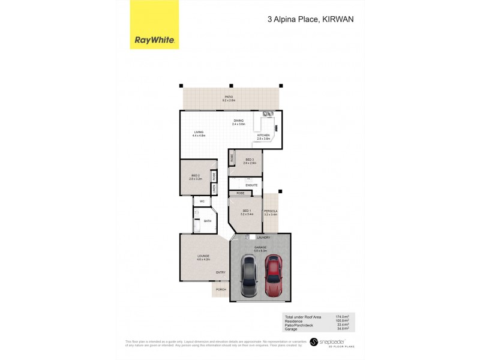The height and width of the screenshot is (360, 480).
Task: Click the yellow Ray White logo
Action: (154, 26)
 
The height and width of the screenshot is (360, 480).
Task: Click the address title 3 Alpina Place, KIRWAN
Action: (310, 19)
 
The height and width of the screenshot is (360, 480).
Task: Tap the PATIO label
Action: (229, 97)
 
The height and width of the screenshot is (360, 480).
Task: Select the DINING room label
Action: (239, 122)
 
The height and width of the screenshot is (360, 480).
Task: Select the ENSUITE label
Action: (251, 185)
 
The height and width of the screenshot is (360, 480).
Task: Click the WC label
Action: (202, 201)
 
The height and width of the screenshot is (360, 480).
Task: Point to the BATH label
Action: (208, 221)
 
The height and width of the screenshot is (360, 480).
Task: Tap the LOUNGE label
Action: (203, 257)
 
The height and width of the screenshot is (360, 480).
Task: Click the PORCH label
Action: (221, 289)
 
